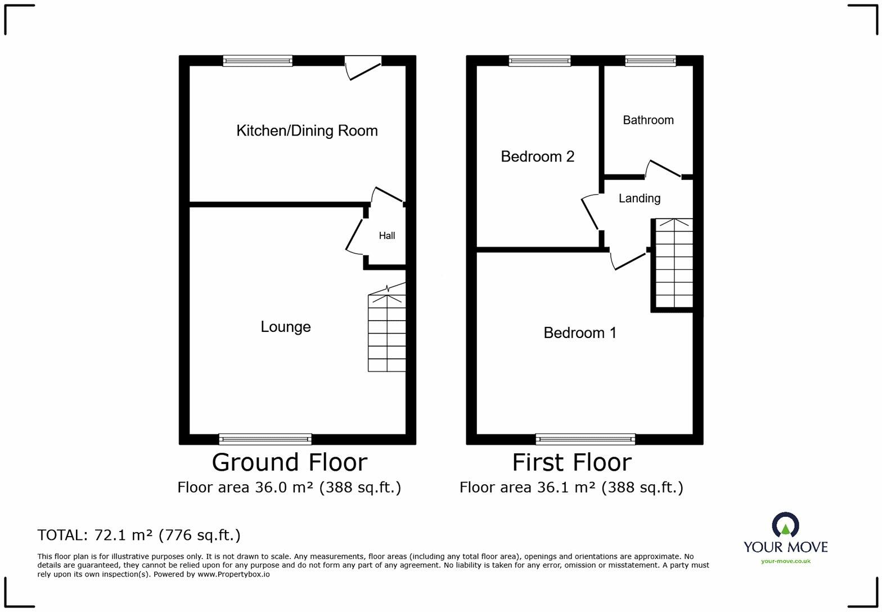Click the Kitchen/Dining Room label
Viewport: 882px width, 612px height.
click(x=307, y=131)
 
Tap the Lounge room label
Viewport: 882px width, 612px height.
click(x=285, y=327)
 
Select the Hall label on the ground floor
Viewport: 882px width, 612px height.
click(x=386, y=236)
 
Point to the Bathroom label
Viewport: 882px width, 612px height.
click(x=648, y=120)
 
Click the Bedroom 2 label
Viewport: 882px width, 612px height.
click(x=537, y=156)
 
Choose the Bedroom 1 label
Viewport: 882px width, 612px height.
click(x=579, y=333)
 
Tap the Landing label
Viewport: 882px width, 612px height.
click(x=639, y=198)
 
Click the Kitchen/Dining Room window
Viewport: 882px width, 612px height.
click(x=258, y=61)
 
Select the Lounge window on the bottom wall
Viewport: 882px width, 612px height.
click(x=265, y=439)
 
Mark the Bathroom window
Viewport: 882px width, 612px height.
click(x=650, y=61)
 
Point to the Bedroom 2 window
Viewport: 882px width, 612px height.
click(x=539, y=61)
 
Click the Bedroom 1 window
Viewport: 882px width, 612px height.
click(x=585, y=439)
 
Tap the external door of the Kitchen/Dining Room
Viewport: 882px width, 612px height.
click(x=363, y=67)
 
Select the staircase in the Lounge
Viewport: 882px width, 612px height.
click(x=387, y=332)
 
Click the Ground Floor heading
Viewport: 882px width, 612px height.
click(x=289, y=462)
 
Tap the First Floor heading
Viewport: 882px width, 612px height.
click(x=571, y=462)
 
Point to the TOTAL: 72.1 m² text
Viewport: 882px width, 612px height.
click(x=139, y=535)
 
